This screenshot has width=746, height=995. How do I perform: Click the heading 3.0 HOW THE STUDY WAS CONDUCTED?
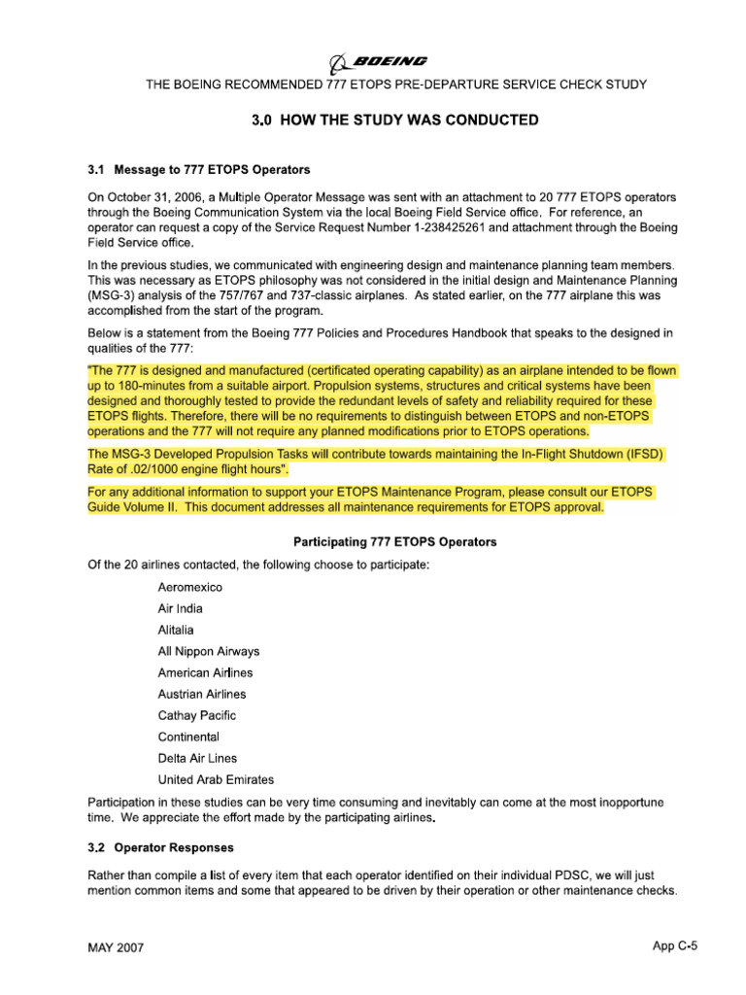pos(394,120)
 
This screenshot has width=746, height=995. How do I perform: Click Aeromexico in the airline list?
pos(189,588)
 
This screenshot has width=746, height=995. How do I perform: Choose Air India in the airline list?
pos(181,609)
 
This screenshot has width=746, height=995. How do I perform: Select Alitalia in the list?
pos(176,631)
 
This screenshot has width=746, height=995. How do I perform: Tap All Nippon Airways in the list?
pos(209,652)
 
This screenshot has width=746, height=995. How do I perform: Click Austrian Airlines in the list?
pos(202,695)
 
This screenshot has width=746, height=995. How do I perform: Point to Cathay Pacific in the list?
pos(197,716)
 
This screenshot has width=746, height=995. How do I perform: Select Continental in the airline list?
pos(189,738)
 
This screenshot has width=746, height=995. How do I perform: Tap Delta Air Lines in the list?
pos(197,759)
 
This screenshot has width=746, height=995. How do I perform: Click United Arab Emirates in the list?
pos(216,780)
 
